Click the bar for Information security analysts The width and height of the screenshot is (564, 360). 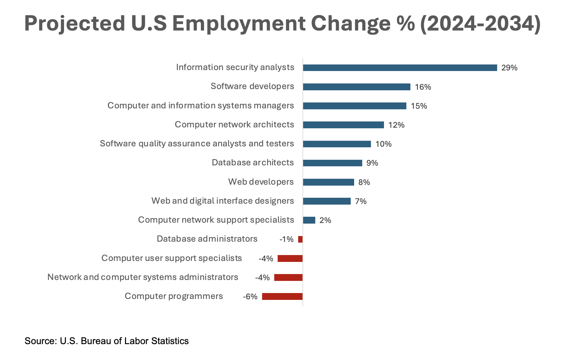point(400,68)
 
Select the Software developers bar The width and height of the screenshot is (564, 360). point(357,87)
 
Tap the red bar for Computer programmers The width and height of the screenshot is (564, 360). point(282,296)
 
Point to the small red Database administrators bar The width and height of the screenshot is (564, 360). point(300,239)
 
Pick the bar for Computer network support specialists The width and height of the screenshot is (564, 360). point(309,220)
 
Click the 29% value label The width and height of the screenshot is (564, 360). point(509,68)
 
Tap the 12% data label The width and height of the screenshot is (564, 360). point(396,125)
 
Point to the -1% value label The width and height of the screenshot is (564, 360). point(286,239)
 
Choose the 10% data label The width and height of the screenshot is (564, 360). point(383,144)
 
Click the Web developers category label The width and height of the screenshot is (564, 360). point(261,182)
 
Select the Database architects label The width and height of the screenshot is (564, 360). point(253,163)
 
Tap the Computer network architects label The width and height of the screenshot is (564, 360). point(234,125)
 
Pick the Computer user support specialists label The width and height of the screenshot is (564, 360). point(172,258)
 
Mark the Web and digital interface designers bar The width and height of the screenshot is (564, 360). point(327,201)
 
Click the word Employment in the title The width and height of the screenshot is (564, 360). point(239,24)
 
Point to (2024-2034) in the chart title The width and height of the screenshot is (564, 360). point(480,24)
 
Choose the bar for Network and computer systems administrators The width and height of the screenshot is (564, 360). point(288,277)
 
